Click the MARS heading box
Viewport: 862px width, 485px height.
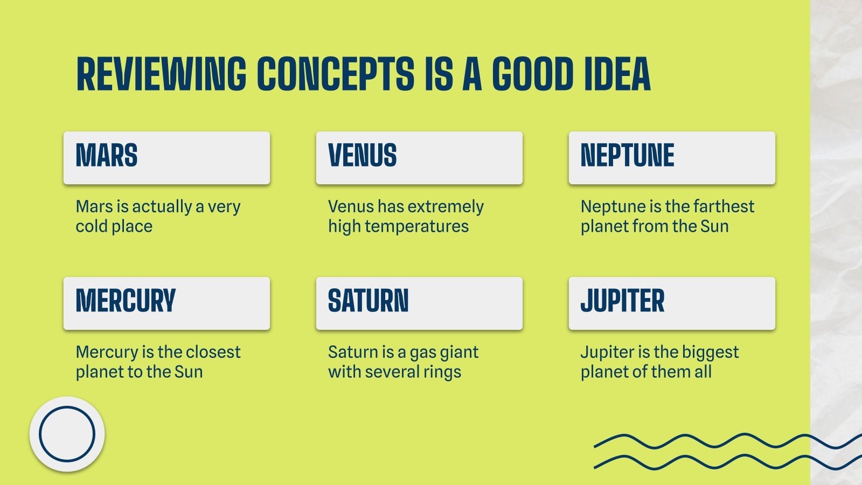[x=166, y=157]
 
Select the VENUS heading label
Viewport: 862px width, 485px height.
[x=362, y=156]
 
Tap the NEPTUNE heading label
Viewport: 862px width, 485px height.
[x=627, y=156]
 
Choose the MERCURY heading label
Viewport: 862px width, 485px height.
[x=126, y=301]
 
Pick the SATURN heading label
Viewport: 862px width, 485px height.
[x=368, y=301]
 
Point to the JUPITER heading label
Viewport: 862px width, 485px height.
[x=622, y=301]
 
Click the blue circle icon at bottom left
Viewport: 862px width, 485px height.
[x=67, y=434]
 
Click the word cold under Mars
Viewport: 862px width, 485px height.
[x=92, y=226]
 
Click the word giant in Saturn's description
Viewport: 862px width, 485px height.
[x=458, y=352]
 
